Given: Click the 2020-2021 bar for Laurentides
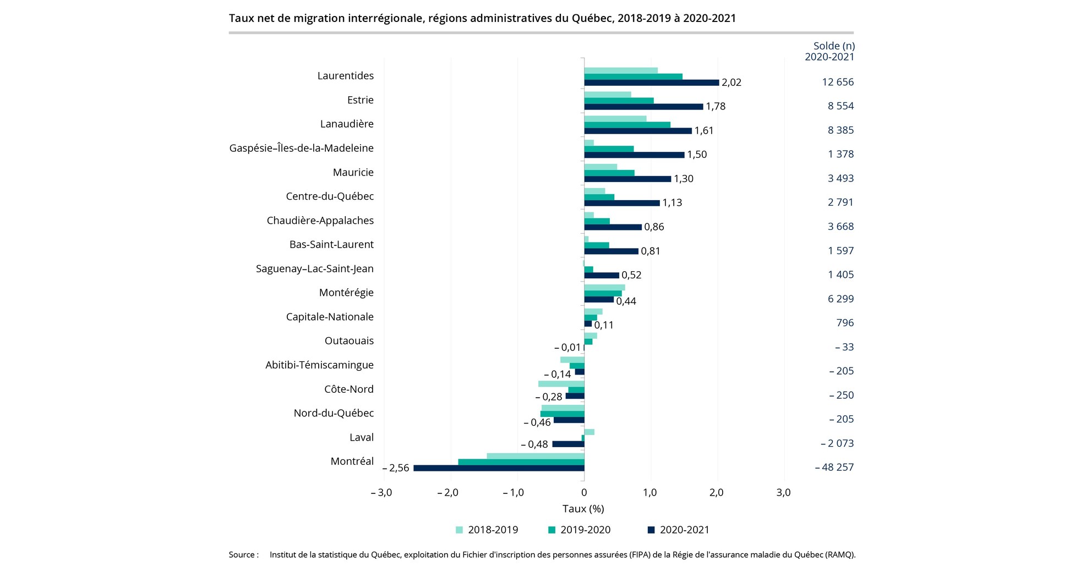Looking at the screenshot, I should (651, 83).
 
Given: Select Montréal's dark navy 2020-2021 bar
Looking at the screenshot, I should (499, 468).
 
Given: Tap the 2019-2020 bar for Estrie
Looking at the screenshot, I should (619, 101).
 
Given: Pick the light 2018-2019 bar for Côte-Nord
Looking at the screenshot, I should (561, 383).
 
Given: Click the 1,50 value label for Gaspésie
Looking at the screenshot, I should (697, 155).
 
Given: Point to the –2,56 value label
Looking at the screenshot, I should (396, 468).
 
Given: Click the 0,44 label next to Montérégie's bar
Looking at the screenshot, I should (626, 301).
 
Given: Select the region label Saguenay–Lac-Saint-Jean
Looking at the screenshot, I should (314, 269).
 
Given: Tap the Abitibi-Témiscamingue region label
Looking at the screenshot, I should (319, 365).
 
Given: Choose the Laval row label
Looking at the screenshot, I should (361, 438).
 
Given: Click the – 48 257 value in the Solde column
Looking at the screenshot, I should (834, 468).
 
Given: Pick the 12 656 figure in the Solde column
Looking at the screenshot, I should (838, 82).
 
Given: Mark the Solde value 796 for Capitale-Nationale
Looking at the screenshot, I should (845, 323).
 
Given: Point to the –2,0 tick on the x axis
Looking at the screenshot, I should (447, 493).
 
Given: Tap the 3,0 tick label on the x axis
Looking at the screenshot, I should (783, 493).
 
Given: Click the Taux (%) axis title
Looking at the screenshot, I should (583, 509).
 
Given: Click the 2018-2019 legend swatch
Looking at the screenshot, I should (459, 530).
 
